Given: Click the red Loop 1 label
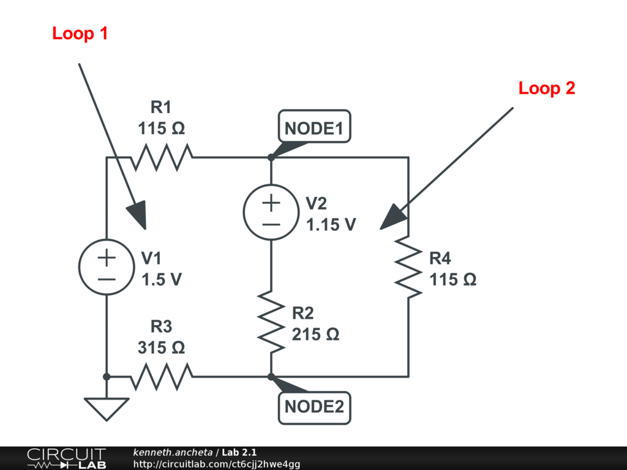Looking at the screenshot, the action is point(80,33).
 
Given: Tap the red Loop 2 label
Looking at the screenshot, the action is point(547,88).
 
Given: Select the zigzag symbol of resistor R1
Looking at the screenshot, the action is point(162,157).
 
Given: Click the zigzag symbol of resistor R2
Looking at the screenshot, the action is point(271,322).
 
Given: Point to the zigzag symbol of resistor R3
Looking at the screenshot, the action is point(162,376).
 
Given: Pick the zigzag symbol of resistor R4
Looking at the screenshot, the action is point(408,267).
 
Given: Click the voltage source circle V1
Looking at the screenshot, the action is point(107,267).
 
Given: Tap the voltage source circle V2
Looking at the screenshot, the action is point(271,212).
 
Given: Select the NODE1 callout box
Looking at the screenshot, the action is point(314,126).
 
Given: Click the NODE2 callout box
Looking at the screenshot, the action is point(314,408).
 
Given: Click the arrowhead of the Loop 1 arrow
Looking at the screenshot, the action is point(138,215).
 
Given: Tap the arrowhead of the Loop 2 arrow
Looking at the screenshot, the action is point(393,217).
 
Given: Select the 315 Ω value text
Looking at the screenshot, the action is point(162,348).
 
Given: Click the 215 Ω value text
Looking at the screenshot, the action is point(315,334).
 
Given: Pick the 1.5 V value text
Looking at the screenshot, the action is point(162,279).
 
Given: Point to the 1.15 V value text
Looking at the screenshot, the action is point(331,225).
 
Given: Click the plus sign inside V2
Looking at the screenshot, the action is point(271,203).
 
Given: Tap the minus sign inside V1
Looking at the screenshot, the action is point(107,279).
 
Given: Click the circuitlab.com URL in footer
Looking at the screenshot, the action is point(216,464).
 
